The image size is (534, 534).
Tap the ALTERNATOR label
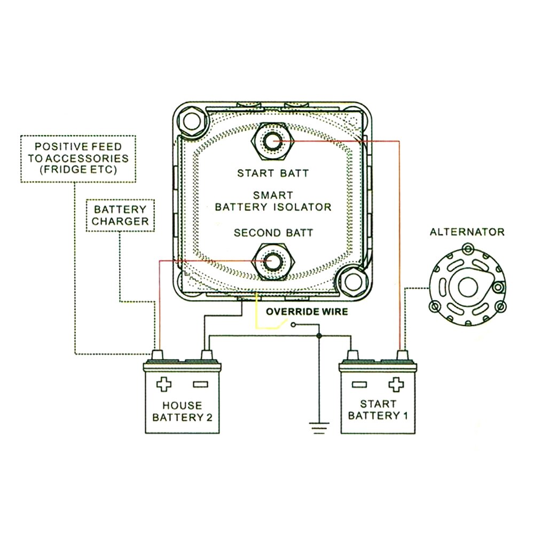tap(467, 232)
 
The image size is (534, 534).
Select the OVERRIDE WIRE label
tap(307, 311)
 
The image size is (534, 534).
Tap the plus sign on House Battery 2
tap(161, 384)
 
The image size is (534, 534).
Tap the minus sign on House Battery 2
tap(199, 384)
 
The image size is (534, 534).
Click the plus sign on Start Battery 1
tap(396, 384)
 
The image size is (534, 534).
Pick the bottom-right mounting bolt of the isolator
tap(353, 281)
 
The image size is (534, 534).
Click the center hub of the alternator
tap(462, 286)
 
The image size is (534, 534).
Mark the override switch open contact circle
tap(293, 324)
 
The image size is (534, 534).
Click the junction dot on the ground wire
tap(319, 336)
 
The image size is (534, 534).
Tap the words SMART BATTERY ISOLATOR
tap(273, 201)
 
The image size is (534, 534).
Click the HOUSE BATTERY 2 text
tap(182, 411)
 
